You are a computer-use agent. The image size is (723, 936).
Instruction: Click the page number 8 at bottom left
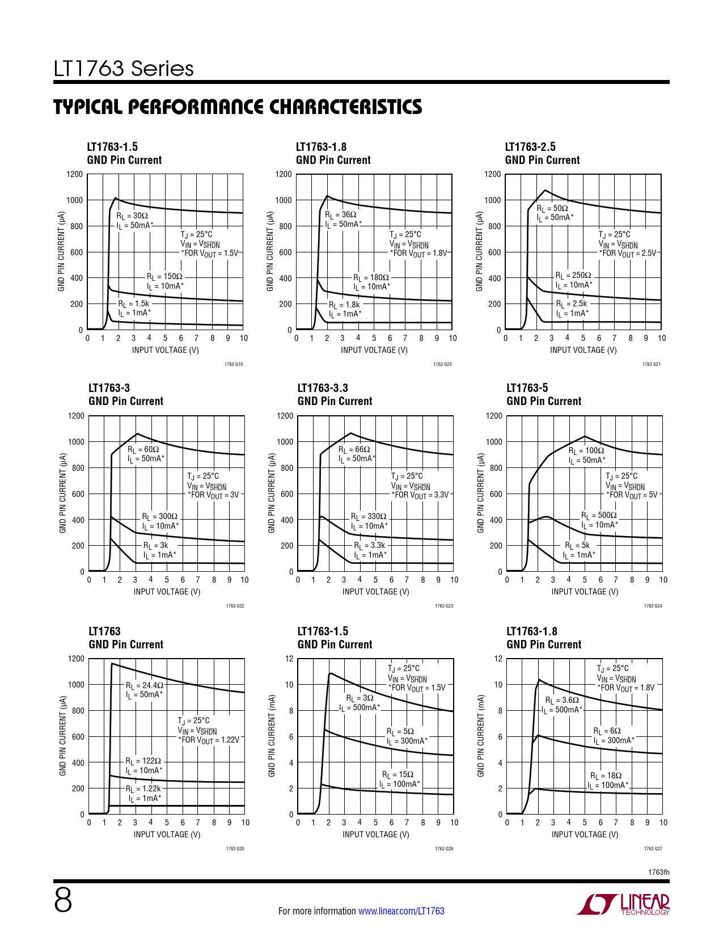(63, 901)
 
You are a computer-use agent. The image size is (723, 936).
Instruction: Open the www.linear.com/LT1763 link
(401, 911)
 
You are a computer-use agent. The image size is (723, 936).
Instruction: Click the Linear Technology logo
(623, 904)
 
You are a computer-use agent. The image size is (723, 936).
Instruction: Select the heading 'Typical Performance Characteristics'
(238, 107)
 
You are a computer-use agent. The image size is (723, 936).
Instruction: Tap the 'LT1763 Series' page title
(124, 69)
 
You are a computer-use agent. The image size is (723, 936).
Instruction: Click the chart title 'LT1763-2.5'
(530, 147)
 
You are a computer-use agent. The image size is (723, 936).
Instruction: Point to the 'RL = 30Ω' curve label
(132, 216)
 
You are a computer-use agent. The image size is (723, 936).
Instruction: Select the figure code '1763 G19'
(234, 364)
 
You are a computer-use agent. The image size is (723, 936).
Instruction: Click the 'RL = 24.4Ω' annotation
(145, 685)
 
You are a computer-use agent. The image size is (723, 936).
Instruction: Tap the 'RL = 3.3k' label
(370, 545)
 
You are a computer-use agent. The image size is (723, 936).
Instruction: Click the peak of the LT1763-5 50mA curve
(585, 436)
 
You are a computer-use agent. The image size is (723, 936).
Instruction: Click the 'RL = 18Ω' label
(606, 775)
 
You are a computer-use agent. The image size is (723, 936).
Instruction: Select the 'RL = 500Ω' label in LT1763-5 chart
(599, 515)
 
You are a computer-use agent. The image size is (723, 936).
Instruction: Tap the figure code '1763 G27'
(653, 849)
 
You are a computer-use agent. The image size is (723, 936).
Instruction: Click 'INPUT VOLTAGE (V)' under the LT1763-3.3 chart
(375, 592)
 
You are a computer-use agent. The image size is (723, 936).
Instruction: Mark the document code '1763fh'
(658, 872)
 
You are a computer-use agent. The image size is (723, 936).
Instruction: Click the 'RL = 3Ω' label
(360, 698)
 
